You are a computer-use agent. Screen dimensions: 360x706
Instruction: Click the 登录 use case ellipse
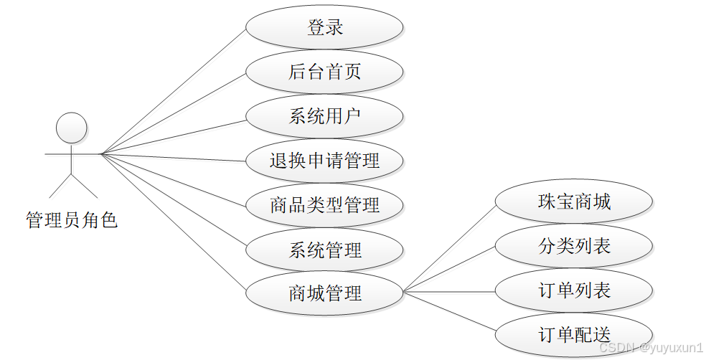coord(324,28)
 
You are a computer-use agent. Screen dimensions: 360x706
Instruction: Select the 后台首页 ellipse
coord(324,72)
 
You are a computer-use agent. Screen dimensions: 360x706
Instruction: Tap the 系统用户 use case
coord(324,116)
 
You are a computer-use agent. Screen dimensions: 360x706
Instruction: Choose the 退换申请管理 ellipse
coord(324,161)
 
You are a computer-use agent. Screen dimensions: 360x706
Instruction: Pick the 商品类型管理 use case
coord(324,206)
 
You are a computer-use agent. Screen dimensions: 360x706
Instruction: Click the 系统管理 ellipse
coord(324,250)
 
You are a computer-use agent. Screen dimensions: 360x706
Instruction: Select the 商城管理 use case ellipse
coord(324,293)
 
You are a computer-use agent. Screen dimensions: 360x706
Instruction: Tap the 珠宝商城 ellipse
coord(574,202)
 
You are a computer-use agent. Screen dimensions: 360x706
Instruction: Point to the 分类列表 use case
coord(574,246)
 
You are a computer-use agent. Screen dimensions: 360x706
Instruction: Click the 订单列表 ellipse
coord(574,291)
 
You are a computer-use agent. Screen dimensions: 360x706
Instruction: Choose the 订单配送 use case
coord(574,334)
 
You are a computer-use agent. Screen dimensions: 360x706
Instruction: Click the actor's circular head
coord(71,128)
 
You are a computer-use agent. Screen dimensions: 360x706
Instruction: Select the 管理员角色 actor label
coord(71,220)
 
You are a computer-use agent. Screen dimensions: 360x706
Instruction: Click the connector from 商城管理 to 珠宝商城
coord(449,247)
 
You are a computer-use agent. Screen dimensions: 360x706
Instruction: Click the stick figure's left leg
coord(60,184)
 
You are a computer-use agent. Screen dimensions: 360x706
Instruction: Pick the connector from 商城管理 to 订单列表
coord(449,292)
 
